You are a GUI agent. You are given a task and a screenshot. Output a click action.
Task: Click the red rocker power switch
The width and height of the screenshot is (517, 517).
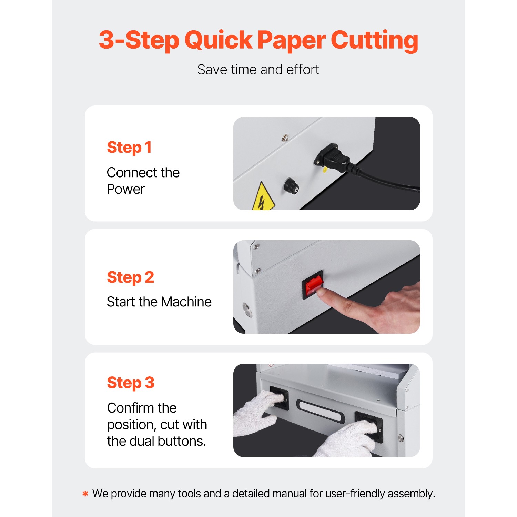click(314, 284)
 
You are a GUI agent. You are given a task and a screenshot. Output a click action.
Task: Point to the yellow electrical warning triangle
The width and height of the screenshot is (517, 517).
click(263, 199)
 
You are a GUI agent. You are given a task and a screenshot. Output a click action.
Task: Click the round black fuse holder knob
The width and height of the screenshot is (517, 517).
click(292, 186)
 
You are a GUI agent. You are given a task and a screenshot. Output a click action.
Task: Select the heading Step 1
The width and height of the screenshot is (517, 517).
click(129, 148)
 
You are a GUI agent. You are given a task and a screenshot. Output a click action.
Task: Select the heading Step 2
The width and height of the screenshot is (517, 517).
click(130, 277)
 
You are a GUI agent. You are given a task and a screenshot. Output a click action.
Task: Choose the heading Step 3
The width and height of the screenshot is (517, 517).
click(131, 383)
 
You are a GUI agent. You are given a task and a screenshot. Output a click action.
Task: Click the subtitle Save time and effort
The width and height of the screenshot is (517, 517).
click(258, 70)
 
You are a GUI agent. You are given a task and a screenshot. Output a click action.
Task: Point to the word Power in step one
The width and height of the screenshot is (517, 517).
click(125, 189)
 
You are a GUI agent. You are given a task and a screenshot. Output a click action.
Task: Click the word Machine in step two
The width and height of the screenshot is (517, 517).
click(186, 302)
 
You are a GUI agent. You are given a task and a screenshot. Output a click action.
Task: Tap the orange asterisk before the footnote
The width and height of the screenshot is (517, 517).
click(85, 494)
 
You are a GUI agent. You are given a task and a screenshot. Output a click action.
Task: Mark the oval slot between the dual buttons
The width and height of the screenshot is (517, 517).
click(321, 410)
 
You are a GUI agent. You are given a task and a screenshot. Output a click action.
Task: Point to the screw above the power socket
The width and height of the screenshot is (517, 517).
click(285, 138)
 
